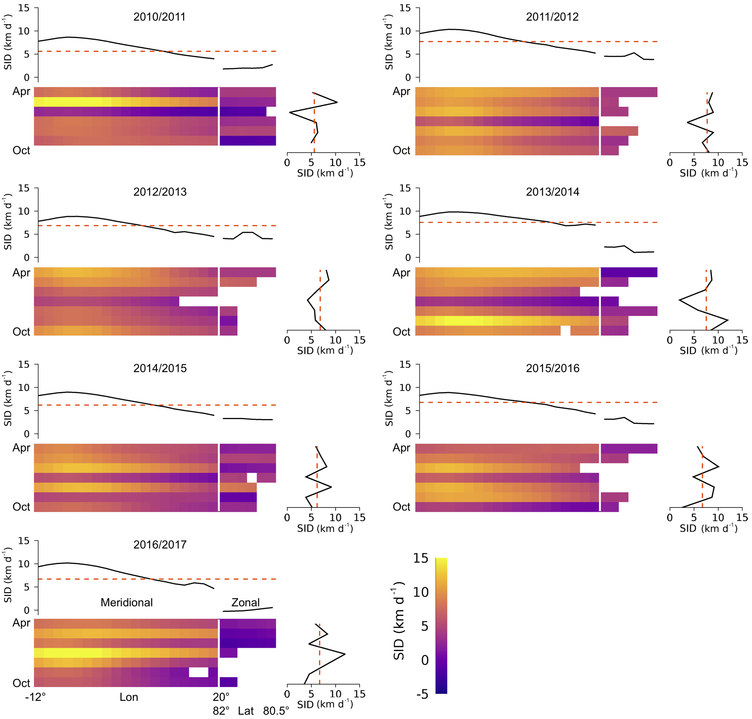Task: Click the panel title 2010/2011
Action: tap(159, 17)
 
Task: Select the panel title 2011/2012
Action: tap(552, 17)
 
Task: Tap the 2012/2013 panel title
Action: tap(160, 191)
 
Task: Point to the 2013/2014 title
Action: tap(552, 191)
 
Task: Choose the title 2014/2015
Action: tap(160, 368)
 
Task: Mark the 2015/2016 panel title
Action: tap(552, 368)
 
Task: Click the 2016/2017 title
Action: tap(160, 544)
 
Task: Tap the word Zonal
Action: tap(245, 602)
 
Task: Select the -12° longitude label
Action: tap(35, 696)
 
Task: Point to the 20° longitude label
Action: tap(221, 696)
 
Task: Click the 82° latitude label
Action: tap(221, 711)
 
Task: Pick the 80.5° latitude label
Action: tap(276, 711)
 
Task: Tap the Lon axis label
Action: tap(129, 696)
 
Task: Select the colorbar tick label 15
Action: tap(421, 558)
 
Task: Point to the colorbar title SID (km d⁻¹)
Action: tap(399, 620)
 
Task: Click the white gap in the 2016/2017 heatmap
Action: tap(198, 672)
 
